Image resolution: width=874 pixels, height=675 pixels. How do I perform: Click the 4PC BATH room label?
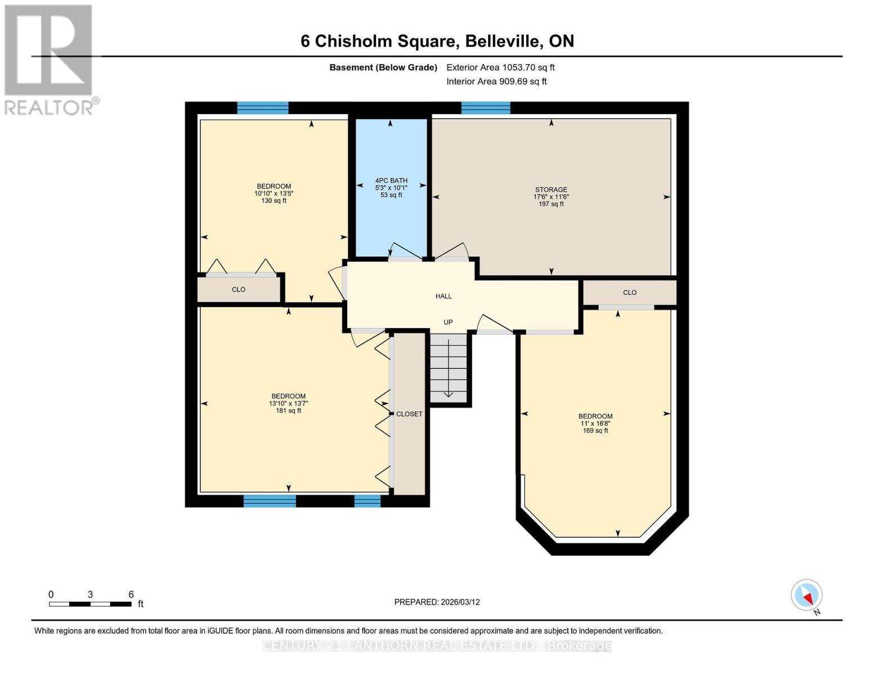[391, 181]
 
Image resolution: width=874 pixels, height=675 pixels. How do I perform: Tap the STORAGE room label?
[551, 190]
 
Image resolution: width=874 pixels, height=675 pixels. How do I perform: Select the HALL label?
[443, 296]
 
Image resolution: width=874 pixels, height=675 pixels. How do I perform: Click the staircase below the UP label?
[449, 368]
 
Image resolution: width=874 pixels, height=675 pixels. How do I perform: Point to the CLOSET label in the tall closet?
[409, 414]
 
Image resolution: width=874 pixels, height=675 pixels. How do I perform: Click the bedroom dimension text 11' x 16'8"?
[595, 424]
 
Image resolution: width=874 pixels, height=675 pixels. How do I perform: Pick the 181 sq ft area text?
[288, 411]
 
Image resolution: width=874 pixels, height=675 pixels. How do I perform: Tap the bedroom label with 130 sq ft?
[274, 186]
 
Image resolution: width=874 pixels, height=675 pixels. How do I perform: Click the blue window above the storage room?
[486, 108]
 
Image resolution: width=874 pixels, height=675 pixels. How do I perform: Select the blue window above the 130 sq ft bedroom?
[263, 108]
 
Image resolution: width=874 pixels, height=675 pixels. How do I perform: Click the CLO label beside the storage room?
[630, 292]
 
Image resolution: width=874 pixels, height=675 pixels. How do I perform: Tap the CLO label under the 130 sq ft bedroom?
[239, 290]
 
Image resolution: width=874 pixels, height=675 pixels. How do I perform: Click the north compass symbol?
[807, 595]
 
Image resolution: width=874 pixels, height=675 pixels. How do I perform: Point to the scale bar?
[90, 604]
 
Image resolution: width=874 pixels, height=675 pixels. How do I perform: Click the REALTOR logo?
[49, 59]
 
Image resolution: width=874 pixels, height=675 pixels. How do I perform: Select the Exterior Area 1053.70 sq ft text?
[500, 67]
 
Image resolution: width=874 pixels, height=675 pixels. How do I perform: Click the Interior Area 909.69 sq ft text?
[496, 82]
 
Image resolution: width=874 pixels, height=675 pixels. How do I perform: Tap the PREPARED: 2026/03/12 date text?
[437, 602]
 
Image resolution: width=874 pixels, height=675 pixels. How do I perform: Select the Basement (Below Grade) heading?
[383, 67]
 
